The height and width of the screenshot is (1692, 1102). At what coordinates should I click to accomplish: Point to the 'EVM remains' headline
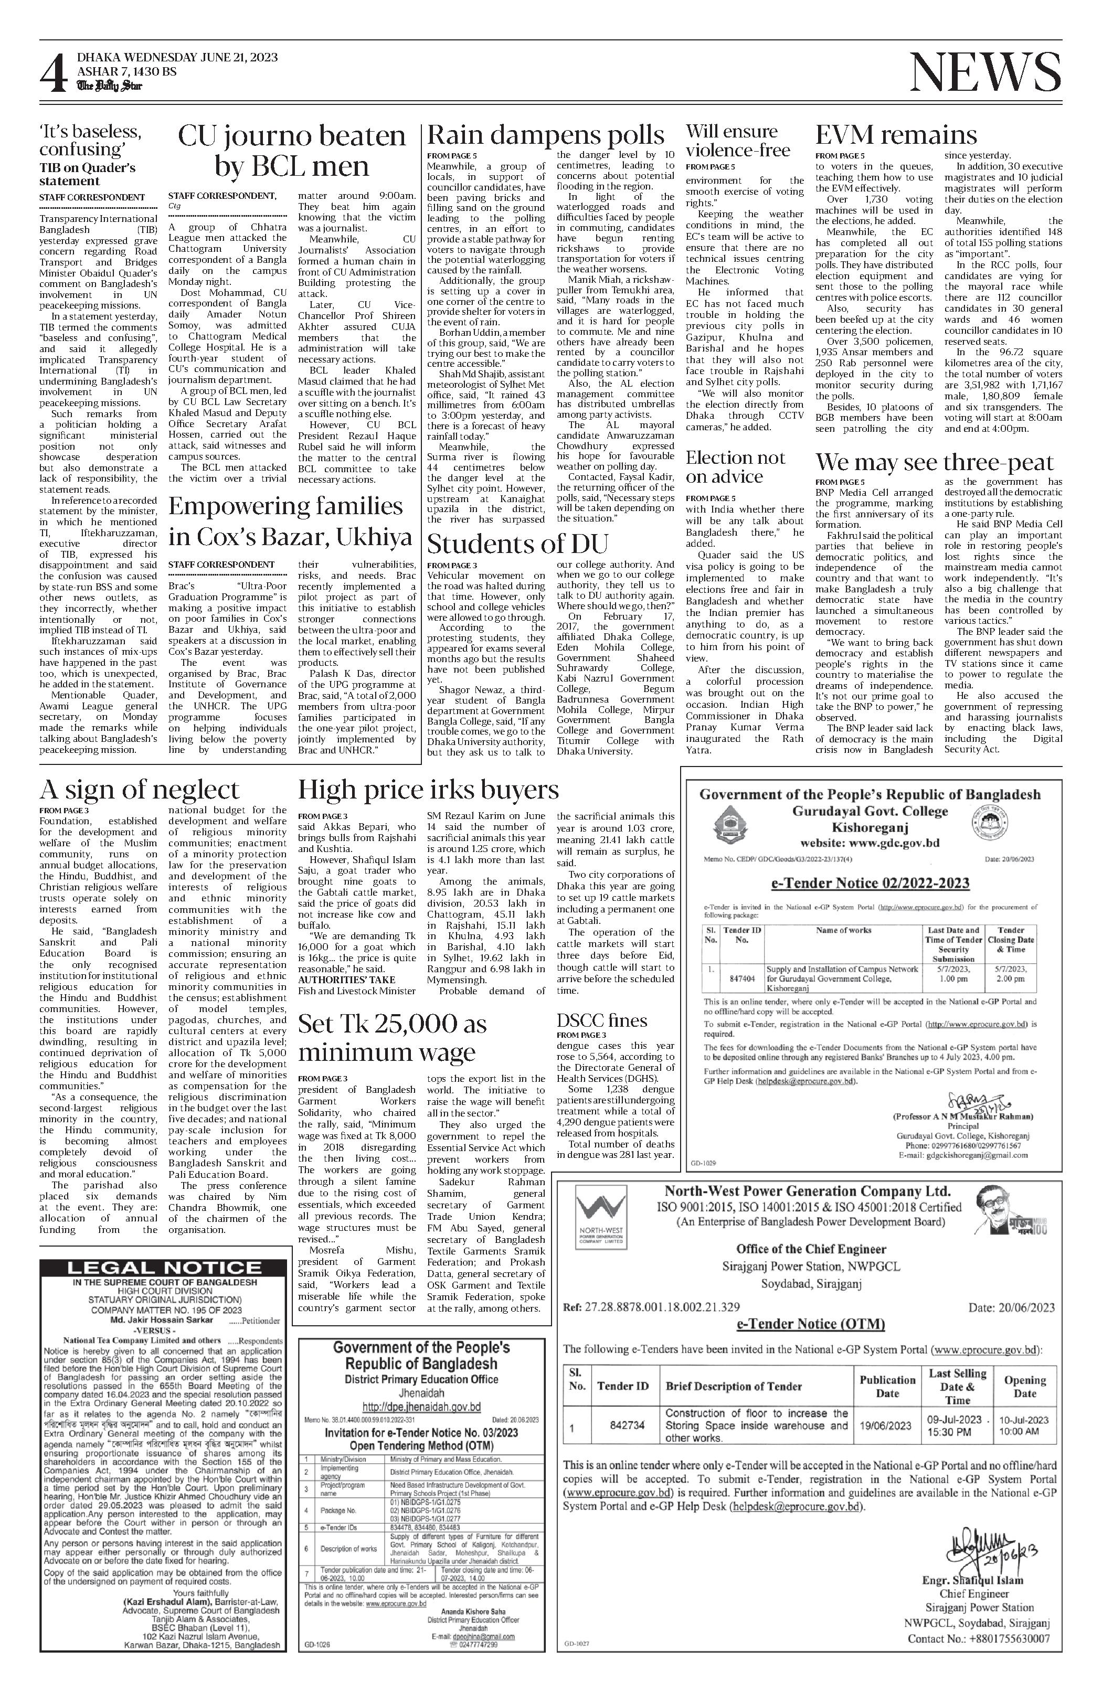(896, 135)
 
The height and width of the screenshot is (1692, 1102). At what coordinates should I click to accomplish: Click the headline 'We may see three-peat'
(934, 463)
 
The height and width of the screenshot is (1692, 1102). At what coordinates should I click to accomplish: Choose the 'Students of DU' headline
(517, 545)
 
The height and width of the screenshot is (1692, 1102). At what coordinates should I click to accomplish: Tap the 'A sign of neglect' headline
(140, 790)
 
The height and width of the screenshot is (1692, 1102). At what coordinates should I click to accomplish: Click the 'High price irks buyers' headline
(428, 790)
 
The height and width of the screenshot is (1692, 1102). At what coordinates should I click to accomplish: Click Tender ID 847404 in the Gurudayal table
(742, 977)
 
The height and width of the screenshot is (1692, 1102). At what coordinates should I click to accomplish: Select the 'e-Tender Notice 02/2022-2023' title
(870, 883)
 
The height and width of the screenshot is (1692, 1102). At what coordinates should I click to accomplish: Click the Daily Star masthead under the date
(110, 86)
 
